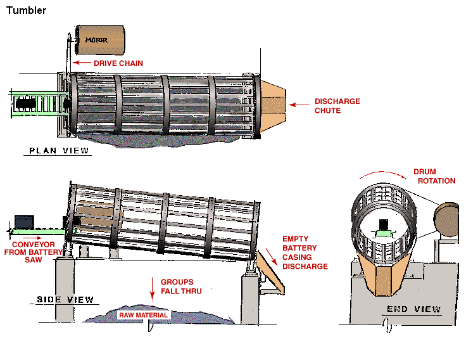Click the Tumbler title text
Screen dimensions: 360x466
pyautogui.click(x=26, y=11)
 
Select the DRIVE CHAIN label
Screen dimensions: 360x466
pyautogui.click(x=118, y=63)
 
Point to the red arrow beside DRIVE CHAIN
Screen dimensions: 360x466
pyautogui.click(x=81, y=63)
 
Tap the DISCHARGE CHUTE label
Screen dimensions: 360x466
pyautogui.click(x=337, y=106)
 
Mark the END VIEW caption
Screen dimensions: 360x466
pyautogui.click(x=414, y=309)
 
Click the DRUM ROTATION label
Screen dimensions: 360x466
pyautogui.click(x=434, y=176)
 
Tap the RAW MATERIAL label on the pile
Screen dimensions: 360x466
pyautogui.click(x=144, y=315)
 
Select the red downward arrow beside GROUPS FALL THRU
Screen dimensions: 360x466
pyautogui.click(x=153, y=286)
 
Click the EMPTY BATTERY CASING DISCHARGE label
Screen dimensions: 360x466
pyautogui.click(x=305, y=253)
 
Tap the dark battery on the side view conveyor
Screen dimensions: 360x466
pyautogui.click(x=24, y=221)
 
